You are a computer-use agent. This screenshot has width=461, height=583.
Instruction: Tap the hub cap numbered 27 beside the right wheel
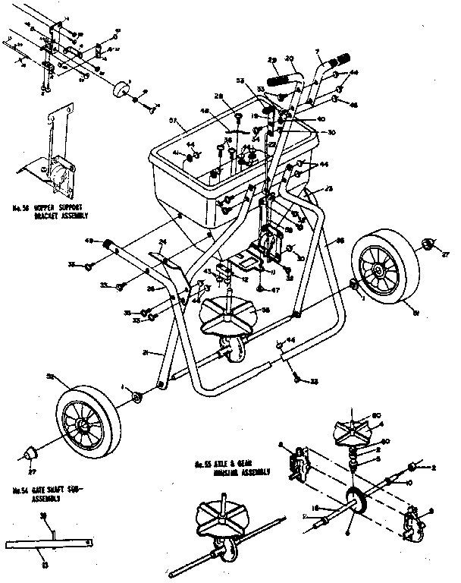pos(427,244)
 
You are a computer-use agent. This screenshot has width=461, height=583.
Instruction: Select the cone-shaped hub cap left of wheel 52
pos(32,453)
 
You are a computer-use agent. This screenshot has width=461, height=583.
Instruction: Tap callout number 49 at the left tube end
pos(89,241)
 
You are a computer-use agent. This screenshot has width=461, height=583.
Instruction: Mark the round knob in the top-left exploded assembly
pos(118,89)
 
